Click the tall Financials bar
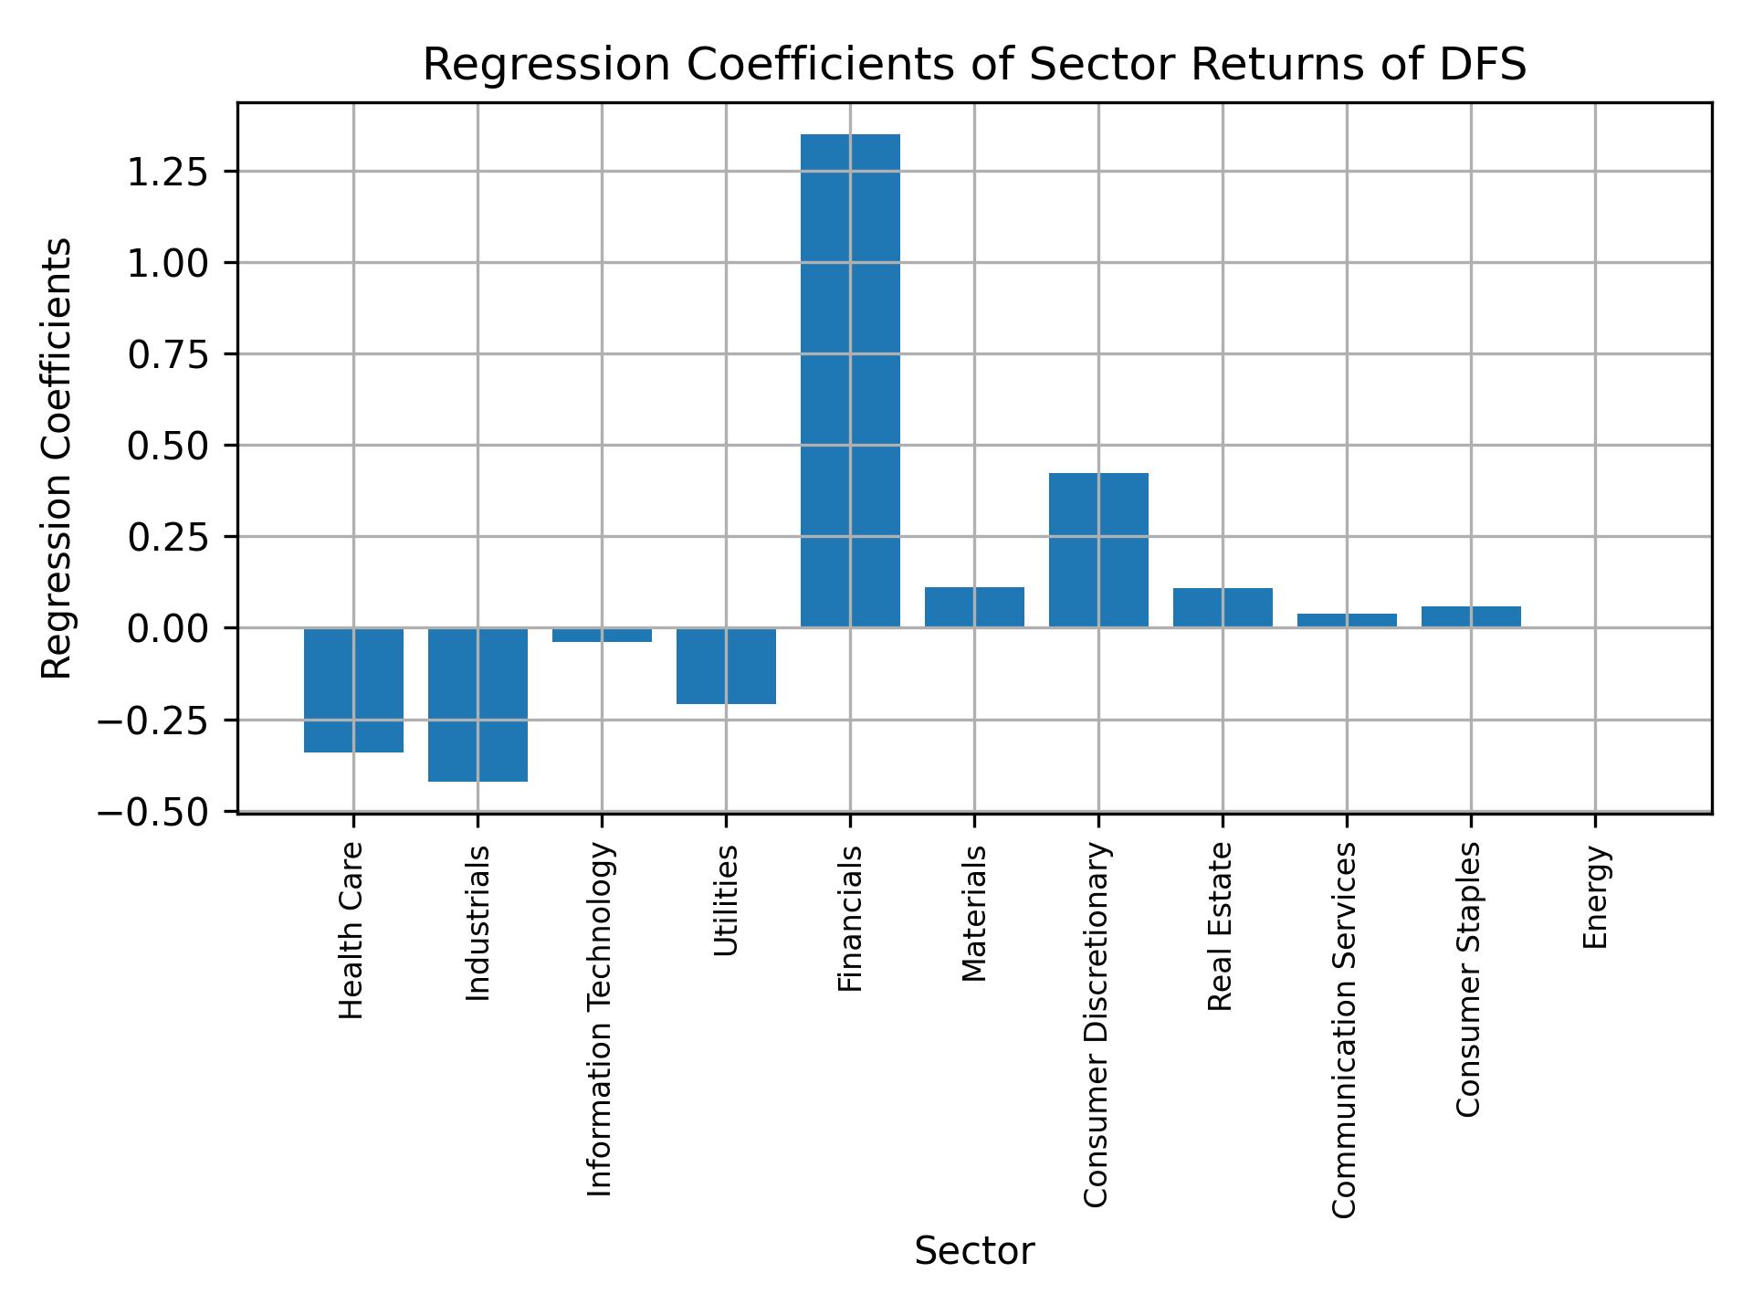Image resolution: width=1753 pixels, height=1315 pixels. (x=850, y=380)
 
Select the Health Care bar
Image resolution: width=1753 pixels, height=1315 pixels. (x=353, y=689)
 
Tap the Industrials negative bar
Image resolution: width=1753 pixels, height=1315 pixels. (x=478, y=704)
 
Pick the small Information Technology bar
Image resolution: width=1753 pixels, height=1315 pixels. (x=602, y=635)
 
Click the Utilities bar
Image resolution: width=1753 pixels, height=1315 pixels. (x=726, y=666)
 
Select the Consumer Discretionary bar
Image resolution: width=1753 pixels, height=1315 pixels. (x=1098, y=550)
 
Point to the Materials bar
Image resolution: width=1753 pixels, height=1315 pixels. (x=974, y=606)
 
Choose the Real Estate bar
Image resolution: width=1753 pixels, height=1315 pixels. (x=1223, y=607)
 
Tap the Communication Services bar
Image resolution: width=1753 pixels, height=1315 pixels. (x=1347, y=620)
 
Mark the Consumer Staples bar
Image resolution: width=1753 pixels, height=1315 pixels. (x=1471, y=616)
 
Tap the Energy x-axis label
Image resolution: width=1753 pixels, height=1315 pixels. (x=1595, y=898)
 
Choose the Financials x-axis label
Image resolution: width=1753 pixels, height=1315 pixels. (x=850, y=919)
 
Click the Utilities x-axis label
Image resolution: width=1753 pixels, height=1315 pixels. (x=726, y=900)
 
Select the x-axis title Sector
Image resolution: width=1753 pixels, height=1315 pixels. (x=974, y=1251)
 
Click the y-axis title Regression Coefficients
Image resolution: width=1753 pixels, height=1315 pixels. (x=57, y=458)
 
